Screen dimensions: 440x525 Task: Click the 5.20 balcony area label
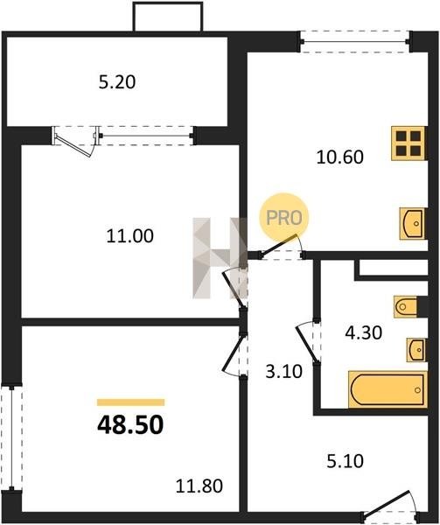[117, 82]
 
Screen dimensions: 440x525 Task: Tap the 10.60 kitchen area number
[340, 157]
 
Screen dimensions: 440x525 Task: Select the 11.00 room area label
[130, 235]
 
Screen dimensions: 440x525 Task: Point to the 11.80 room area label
[199, 486]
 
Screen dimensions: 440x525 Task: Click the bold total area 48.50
[130, 424]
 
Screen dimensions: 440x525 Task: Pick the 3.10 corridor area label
[284, 371]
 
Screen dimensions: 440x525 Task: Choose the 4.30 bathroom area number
[364, 332]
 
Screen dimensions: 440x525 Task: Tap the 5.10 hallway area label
[346, 461]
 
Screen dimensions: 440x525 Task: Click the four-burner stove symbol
[409, 143]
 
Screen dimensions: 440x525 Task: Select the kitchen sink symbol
[413, 223]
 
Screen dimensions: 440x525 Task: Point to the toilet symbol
[406, 306]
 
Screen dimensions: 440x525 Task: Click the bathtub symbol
[388, 389]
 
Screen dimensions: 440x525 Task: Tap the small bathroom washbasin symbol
[416, 350]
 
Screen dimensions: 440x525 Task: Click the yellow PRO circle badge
[284, 218]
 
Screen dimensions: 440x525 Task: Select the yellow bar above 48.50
[131, 402]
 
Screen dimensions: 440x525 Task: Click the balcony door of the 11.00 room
[76, 141]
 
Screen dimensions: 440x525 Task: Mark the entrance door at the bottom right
[390, 507]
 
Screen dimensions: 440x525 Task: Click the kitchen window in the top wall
[354, 42]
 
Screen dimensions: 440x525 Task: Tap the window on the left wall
[11, 438]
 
